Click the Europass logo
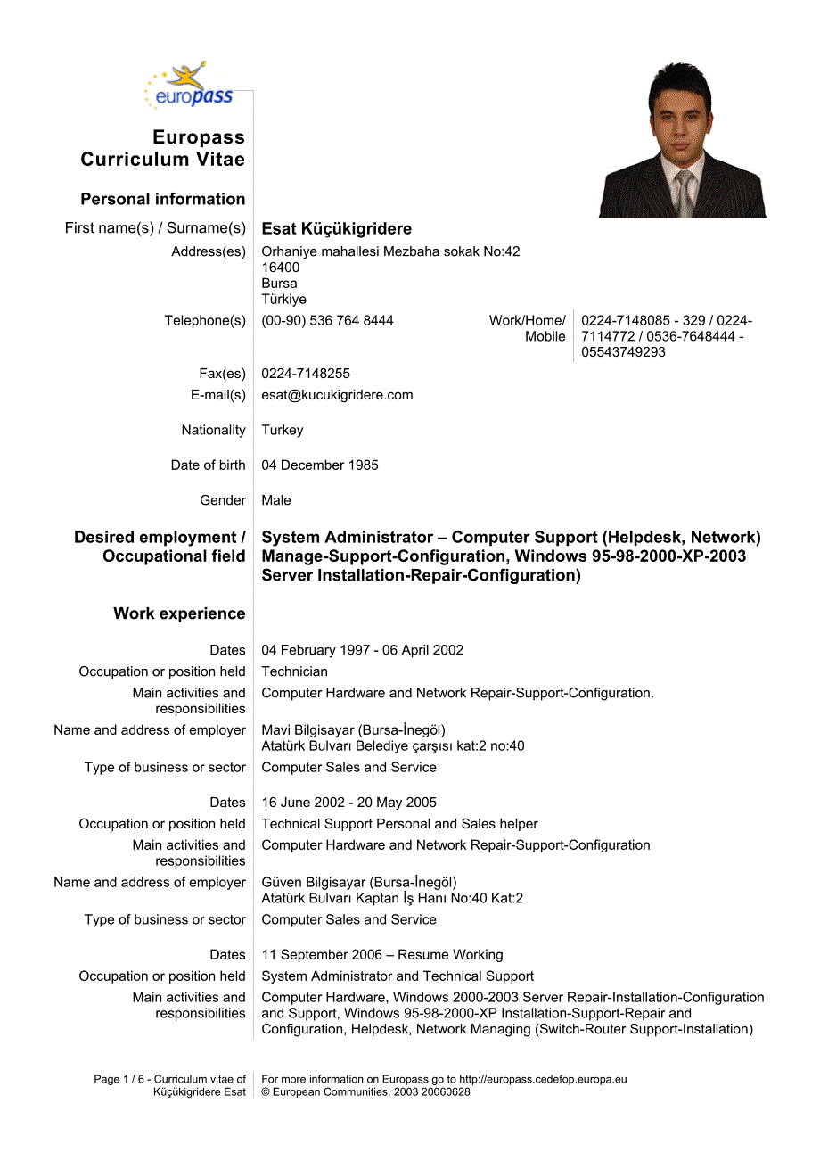(x=189, y=86)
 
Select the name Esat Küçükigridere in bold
(x=336, y=229)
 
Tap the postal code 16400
(x=280, y=268)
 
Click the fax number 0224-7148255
(x=306, y=374)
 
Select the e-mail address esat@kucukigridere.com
(x=337, y=395)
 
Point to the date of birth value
(x=319, y=465)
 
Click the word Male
(x=276, y=500)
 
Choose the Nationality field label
(x=213, y=430)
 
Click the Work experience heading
(x=179, y=613)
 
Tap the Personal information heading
(x=162, y=199)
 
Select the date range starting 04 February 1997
(x=362, y=650)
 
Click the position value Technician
(x=294, y=671)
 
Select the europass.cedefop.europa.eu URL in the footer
(x=543, y=1079)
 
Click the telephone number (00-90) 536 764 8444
(x=327, y=320)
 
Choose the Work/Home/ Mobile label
(x=528, y=328)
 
